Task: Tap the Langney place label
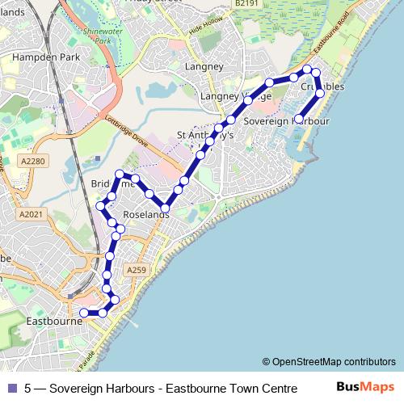pos(198,66)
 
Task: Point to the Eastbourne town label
pos(56,320)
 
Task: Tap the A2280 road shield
pos(34,162)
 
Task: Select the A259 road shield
pos(136,271)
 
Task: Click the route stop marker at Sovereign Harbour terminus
pos(299,119)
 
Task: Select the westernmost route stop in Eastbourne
pos(84,313)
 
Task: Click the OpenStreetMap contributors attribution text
pos(329,362)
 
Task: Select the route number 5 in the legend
pos(28,388)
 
